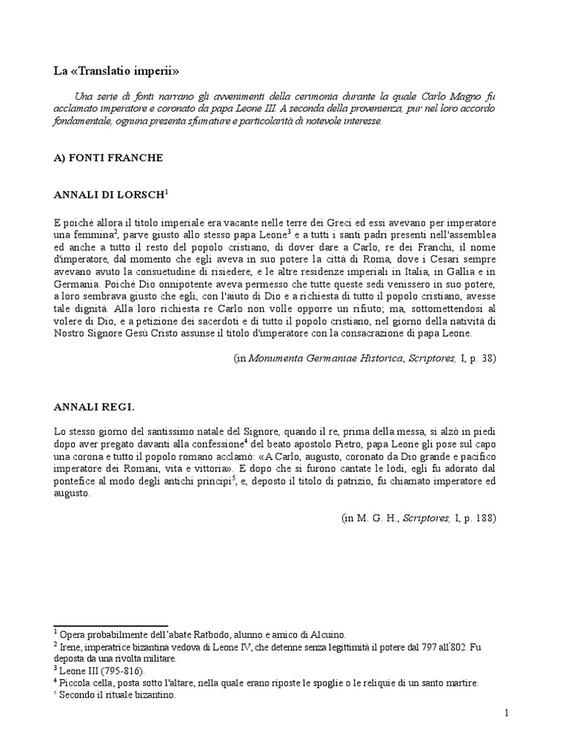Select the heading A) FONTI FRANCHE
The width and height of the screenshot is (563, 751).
pos(108,158)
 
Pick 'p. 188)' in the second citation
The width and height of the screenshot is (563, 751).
pos(479,518)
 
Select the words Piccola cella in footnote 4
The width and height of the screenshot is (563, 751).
pos(87,683)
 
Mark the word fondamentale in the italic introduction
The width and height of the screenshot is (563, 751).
pos(82,121)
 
